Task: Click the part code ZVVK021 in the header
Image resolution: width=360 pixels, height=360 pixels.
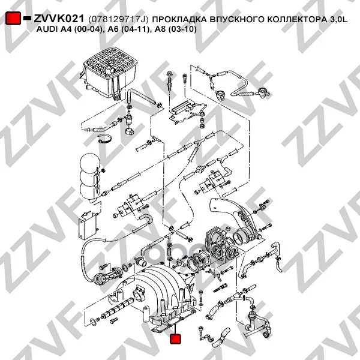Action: pos(59,19)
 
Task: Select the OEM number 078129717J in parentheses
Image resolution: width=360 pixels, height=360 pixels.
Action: pos(118,19)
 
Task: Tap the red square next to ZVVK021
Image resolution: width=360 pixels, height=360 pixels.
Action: pos(13,18)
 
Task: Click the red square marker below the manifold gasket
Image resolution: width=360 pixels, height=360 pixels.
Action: pos(175,339)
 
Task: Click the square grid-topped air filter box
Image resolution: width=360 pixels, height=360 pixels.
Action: pos(109,73)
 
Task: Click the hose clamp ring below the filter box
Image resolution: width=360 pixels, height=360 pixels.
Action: pos(104,139)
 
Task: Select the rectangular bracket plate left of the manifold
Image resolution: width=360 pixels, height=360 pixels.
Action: pos(88,226)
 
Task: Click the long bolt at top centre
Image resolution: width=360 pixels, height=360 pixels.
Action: pos(170,82)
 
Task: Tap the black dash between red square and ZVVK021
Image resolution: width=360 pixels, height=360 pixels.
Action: pos(28,18)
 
